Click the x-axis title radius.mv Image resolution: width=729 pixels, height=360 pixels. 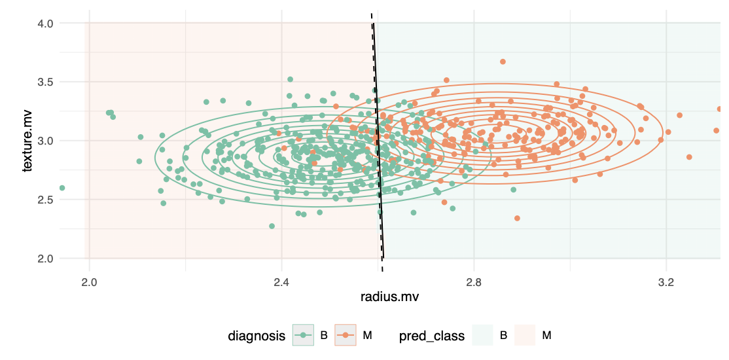389,297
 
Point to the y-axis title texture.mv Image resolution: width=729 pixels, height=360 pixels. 27,141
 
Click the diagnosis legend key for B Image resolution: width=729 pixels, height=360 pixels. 303,336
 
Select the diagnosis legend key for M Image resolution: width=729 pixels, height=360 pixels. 346,336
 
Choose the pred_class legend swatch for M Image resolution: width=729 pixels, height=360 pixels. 525,336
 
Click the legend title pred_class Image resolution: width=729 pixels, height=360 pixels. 432,336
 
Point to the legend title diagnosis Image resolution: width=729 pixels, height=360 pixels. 257,336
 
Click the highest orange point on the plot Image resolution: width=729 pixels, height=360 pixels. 503,62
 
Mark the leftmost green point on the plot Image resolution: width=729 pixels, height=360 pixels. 62,188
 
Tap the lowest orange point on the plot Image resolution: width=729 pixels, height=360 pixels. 517,218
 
